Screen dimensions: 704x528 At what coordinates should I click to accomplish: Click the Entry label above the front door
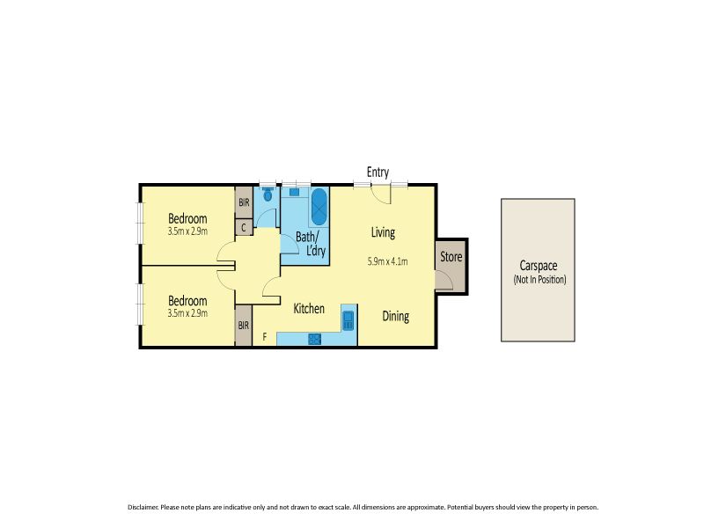coord(378,172)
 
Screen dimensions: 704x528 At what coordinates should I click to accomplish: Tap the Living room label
coord(383,232)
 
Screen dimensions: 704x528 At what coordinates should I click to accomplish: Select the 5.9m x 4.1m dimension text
coord(387,261)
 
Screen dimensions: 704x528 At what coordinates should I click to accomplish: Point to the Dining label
coord(395,316)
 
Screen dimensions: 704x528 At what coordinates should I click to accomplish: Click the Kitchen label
coord(309,309)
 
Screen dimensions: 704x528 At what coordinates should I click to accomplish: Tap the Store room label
coord(451,257)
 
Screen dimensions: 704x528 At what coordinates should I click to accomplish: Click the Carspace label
coord(539,266)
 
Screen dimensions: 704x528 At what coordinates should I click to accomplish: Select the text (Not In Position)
coord(539,279)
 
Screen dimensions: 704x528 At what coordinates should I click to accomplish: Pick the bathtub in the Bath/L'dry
coord(319,207)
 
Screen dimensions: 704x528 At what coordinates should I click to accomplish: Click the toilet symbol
coord(268,194)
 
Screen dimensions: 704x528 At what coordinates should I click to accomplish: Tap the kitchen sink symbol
coord(348,320)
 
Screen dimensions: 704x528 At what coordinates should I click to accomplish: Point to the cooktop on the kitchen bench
coord(315,339)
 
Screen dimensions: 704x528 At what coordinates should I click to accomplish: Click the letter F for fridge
coord(265,336)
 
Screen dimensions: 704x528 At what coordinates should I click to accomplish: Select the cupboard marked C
coord(244,227)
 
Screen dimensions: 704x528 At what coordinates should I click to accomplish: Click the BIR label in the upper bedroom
coord(244,202)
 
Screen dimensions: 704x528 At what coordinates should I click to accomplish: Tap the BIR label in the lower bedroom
coord(244,325)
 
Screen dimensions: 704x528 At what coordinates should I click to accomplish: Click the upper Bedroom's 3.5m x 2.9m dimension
coord(187,231)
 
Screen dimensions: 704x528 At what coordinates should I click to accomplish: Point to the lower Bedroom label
coord(187,300)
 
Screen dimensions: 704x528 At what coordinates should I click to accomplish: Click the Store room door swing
coord(444,280)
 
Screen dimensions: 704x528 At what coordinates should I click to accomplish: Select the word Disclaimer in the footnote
coord(143,507)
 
